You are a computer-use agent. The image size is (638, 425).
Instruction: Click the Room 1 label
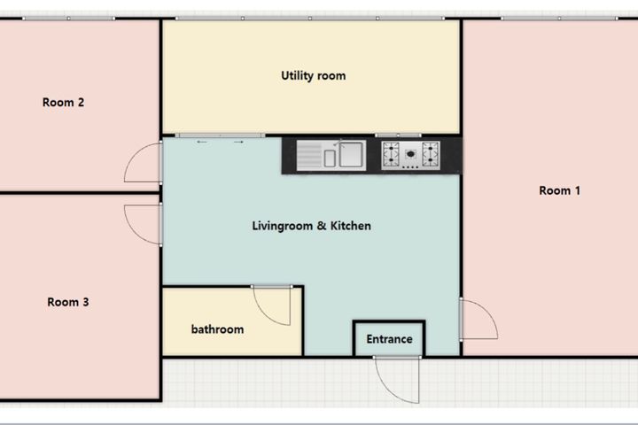click(559, 190)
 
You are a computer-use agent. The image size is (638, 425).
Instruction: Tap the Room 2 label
click(63, 102)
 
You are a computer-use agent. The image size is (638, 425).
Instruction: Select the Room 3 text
click(68, 302)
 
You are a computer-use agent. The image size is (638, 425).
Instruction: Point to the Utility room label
click(314, 75)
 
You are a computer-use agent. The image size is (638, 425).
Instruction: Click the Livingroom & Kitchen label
click(311, 226)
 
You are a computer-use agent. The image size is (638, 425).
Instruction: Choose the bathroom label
click(217, 329)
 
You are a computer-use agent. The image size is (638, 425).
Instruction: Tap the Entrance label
click(389, 339)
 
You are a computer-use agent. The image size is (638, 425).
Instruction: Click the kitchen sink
click(331, 155)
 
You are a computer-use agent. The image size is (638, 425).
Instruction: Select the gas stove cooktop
click(410, 155)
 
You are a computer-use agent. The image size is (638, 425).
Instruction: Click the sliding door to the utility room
click(220, 135)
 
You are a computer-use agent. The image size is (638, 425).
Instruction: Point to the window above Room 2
click(68, 19)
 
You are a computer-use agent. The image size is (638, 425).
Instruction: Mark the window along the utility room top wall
click(310, 19)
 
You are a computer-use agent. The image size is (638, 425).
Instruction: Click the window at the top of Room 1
click(559, 19)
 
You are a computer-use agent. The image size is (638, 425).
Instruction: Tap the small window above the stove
click(398, 135)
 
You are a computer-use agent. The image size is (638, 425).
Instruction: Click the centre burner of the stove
click(410, 154)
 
